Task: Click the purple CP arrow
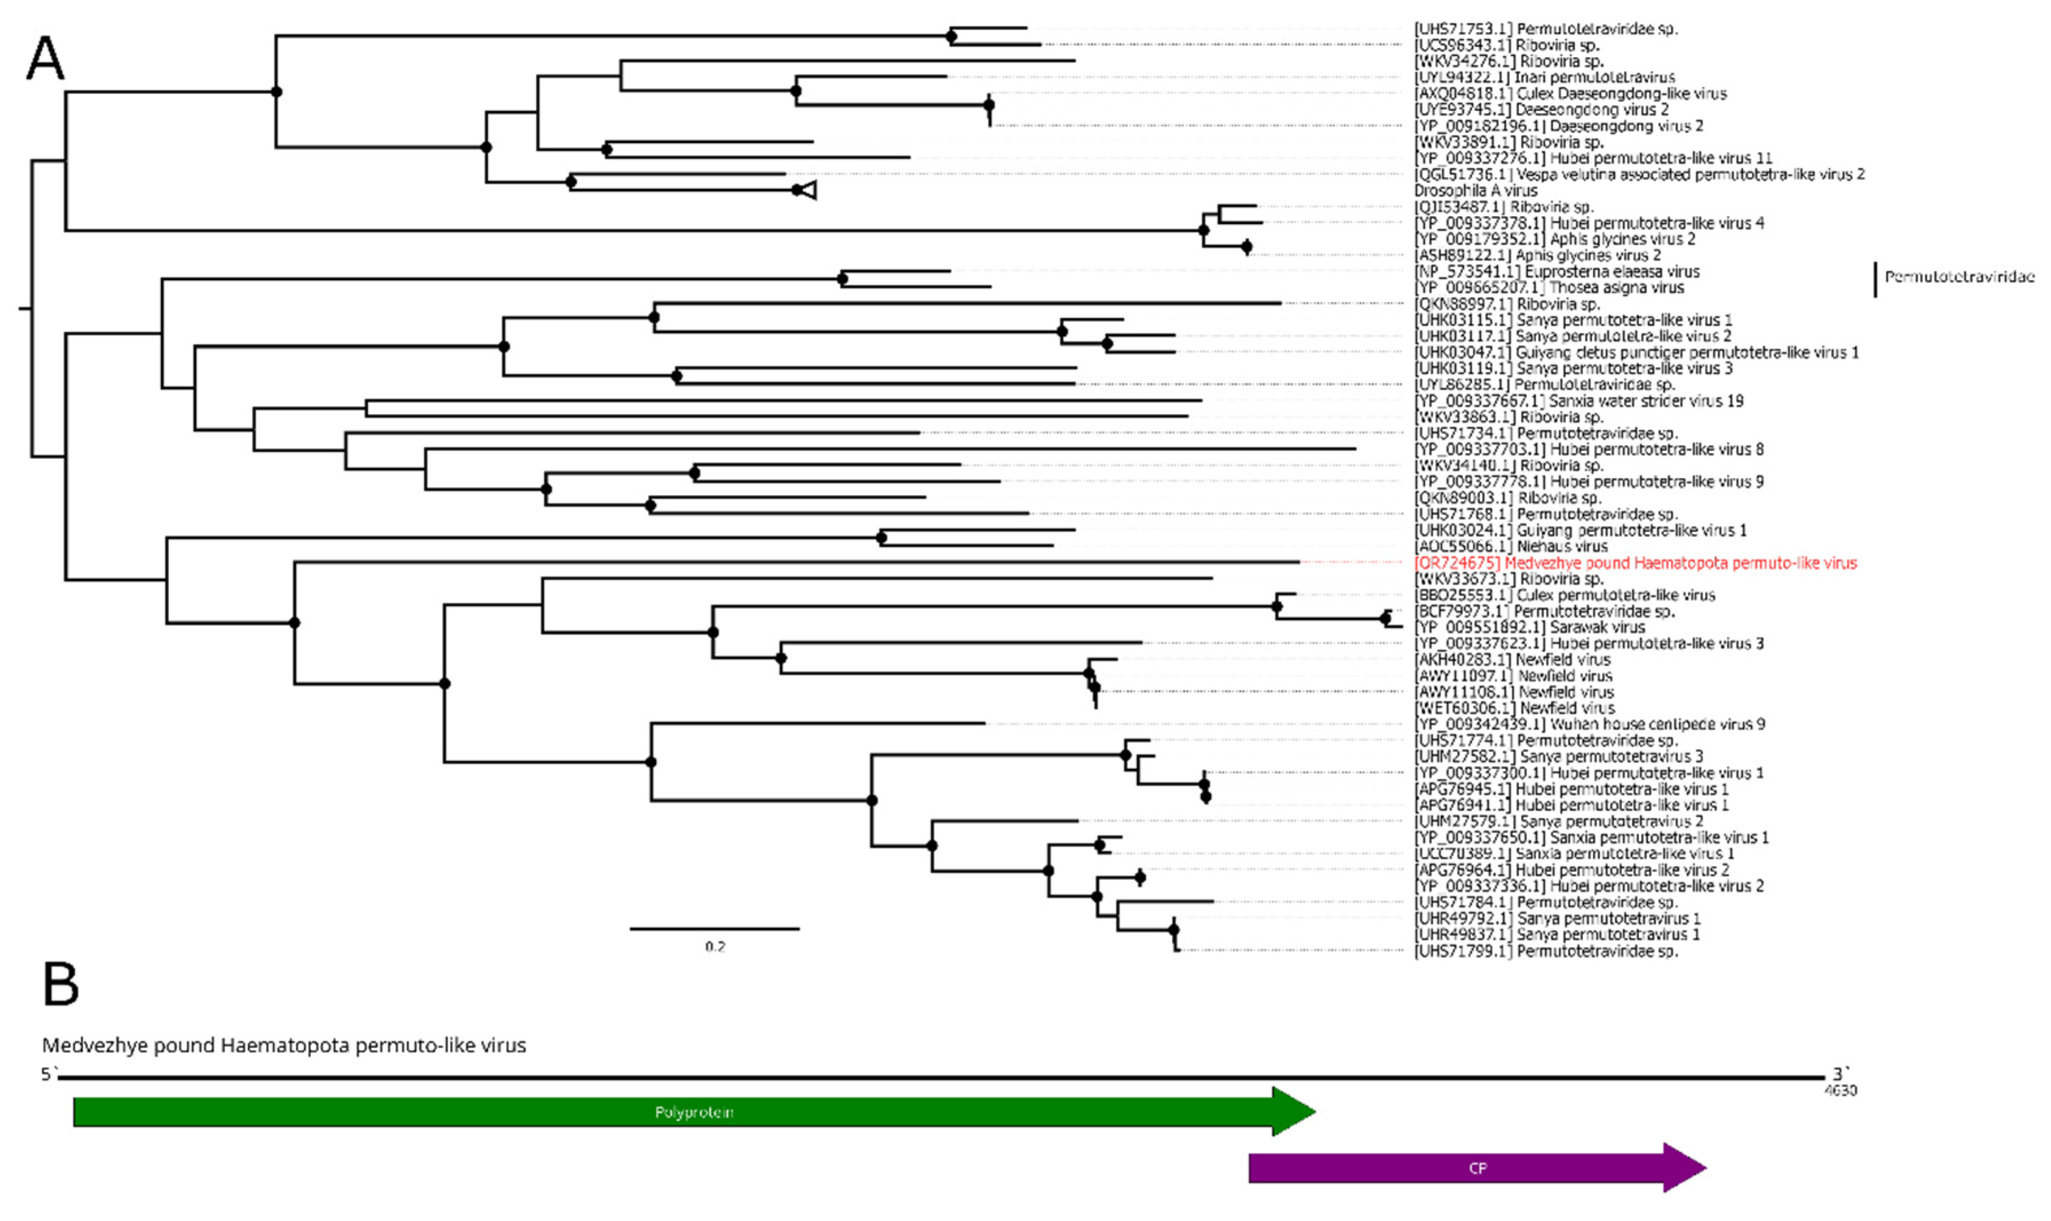pyautogui.click(x=1476, y=1168)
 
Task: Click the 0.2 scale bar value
pyautogui.click(x=715, y=947)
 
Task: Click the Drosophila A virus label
pyautogui.click(x=1475, y=190)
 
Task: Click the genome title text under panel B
pyautogui.click(x=284, y=1046)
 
